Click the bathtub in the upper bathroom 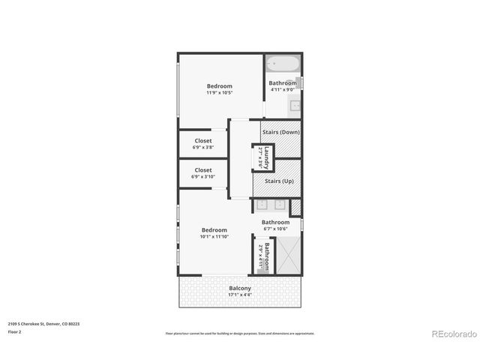coord(282,64)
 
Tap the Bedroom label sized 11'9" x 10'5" coord(220,85)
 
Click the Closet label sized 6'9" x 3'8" coord(202,140)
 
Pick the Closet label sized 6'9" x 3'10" coord(202,170)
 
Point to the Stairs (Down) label coord(281,132)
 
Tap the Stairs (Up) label coord(278,181)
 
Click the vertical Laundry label coord(265,157)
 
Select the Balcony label coord(240,288)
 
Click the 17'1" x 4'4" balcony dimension coord(240,295)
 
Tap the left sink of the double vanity coord(263,204)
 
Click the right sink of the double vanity coord(280,204)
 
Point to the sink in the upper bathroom coord(295,105)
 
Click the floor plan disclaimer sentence coord(240,333)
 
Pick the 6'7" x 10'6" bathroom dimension coord(275,229)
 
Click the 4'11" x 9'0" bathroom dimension coord(283,90)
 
